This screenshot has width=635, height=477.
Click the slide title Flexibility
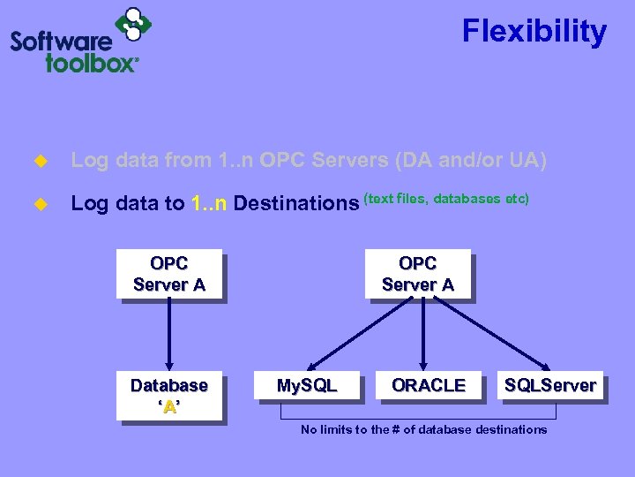(x=534, y=32)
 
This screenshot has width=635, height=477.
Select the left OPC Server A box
(x=168, y=274)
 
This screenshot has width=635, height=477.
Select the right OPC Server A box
(x=417, y=274)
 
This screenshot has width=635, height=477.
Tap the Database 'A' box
(x=168, y=396)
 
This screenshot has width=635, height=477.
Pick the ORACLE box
(x=429, y=385)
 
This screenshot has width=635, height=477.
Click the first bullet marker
(x=38, y=162)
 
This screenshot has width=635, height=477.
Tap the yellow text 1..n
(x=209, y=203)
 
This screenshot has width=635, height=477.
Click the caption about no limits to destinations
(x=423, y=429)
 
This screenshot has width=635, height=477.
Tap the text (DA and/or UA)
(x=471, y=161)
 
